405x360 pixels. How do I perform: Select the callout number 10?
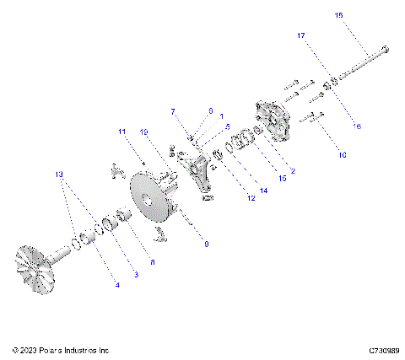coord(341,156)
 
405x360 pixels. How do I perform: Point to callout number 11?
coord(121,132)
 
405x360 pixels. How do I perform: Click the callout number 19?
coord(144,132)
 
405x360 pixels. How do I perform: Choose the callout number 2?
coord(292,171)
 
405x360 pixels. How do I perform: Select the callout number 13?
coord(58,175)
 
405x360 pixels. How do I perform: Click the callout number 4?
coord(117,287)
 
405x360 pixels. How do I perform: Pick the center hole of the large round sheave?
coord(148,201)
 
